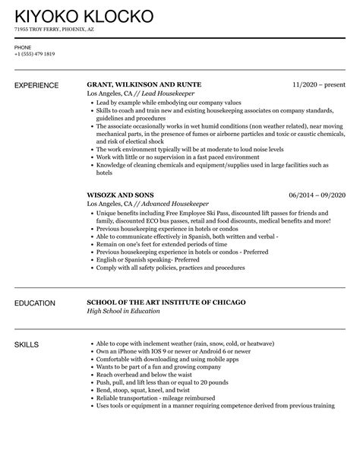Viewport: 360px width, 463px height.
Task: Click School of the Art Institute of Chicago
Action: click(x=166, y=303)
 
